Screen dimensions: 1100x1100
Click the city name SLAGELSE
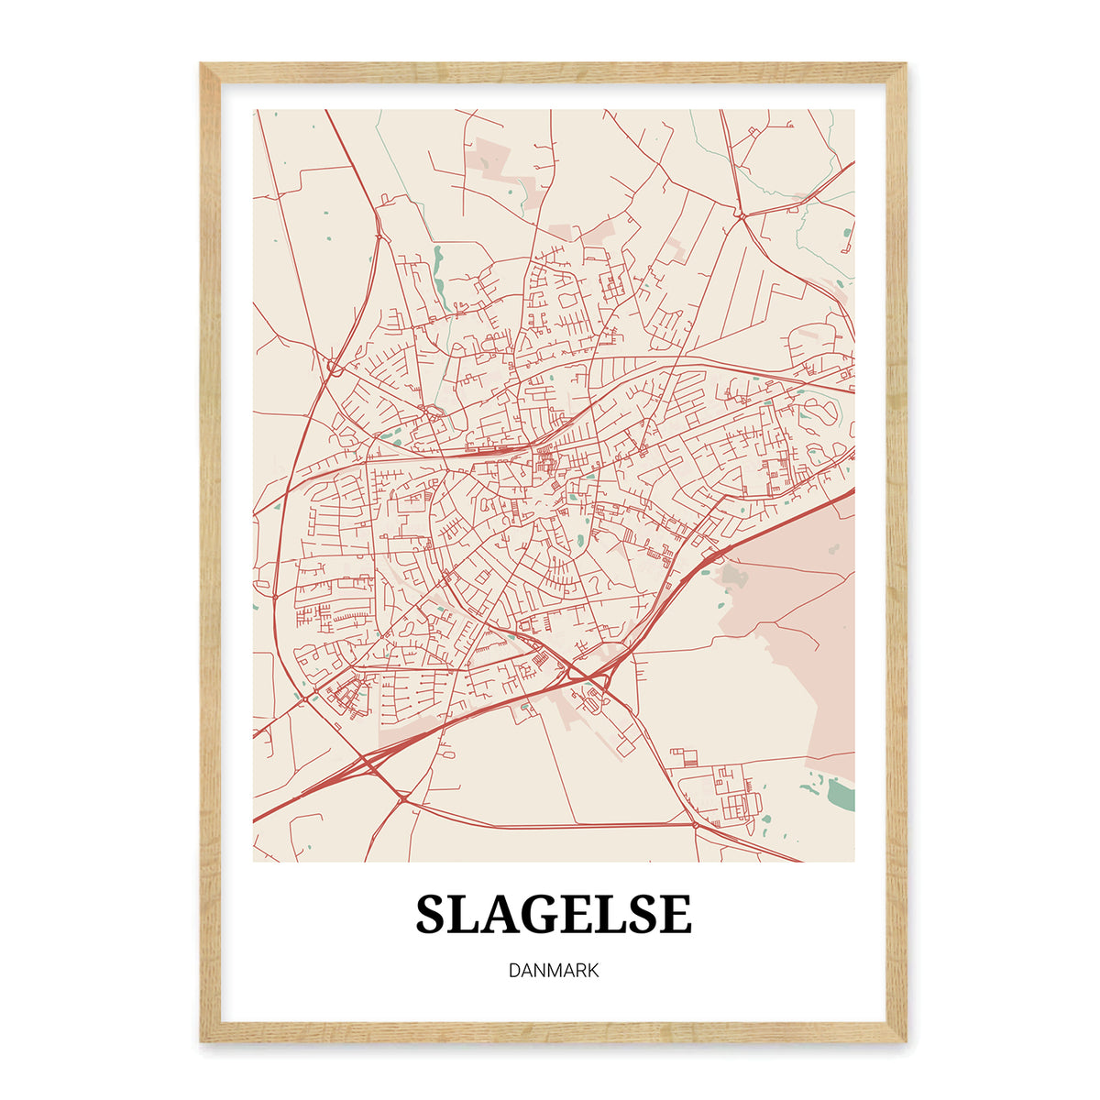click(x=554, y=914)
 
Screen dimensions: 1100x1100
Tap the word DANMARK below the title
click(x=554, y=970)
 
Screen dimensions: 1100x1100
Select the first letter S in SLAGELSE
click(x=434, y=914)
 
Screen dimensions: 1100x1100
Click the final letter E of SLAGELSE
click(x=675, y=914)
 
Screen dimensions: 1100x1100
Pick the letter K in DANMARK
click(x=591, y=970)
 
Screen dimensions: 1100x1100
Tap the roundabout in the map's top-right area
click(x=739, y=215)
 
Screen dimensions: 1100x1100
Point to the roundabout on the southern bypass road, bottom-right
click(x=694, y=824)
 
